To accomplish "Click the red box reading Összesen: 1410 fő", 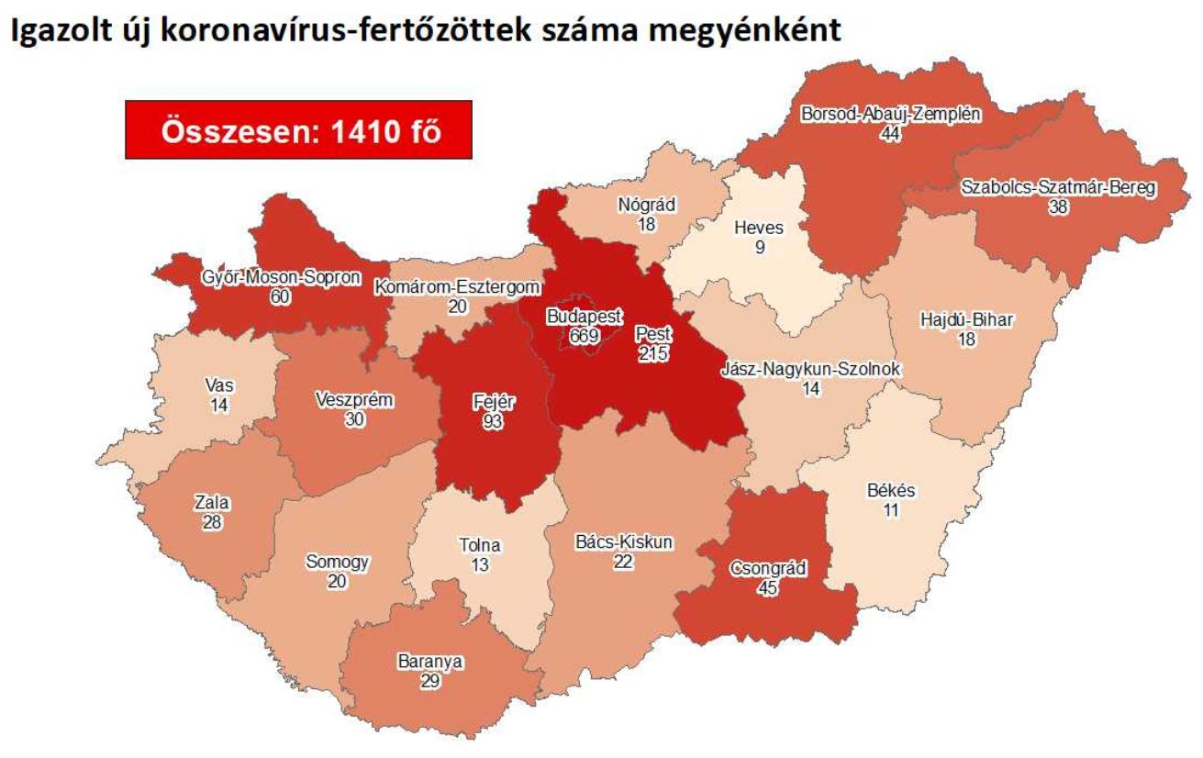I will coord(299,130).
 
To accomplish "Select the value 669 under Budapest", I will coord(584,336).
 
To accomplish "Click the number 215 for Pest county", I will coord(654,352).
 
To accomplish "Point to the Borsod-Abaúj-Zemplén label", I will coord(891,116).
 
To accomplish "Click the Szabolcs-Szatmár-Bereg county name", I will coord(1058,188).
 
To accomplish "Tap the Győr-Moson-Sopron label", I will coord(280,279).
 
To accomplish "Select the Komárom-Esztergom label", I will coord(456,288).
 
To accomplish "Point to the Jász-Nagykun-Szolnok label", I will coord(810,370).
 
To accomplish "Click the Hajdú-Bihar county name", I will coord(967,320).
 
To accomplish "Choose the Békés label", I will coord(890,491).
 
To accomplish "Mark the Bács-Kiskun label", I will coord(623,543).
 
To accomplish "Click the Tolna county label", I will coord(480,545).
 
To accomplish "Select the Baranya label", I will coord(430,661).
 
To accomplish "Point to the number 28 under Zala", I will coord(211,521).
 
